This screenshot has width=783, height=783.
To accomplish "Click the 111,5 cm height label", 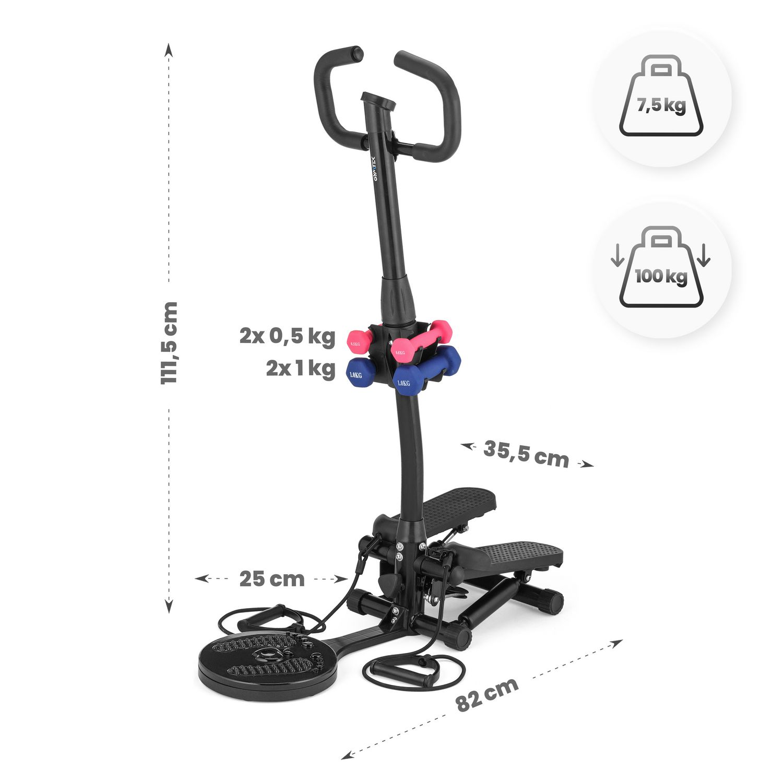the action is [x=169, y=343].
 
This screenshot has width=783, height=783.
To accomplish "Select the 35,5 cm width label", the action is [x=526, y=454].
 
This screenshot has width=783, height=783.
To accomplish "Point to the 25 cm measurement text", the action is [x=272, y=578].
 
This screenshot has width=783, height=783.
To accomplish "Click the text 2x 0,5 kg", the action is [x=287, y=336].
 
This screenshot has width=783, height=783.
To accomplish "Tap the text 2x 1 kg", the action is [x=300, y=369].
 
